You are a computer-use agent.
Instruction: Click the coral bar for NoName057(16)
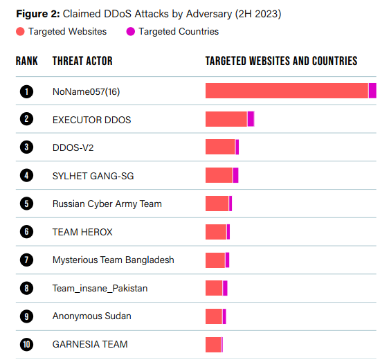(x=287, y=91)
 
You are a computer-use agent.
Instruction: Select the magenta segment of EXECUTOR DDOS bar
(x=251, y=119)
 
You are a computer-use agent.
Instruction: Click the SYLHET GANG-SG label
(x=93, y=176)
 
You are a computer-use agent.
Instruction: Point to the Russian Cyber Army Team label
(x=107, y=204)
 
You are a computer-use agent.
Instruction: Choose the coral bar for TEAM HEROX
(x=216, y=232)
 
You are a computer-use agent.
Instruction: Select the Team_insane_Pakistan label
(x=100, y=288)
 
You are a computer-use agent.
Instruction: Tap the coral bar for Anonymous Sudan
(x=214, y=316)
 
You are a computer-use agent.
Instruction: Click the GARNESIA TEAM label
(x=90, y=344)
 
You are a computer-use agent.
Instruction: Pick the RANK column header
(x=27, y=62)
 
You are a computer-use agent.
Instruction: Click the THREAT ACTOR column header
(x=82, y=62)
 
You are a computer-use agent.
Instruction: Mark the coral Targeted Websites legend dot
(x=20, y=31)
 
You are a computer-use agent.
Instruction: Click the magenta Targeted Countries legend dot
(x=130, y=31)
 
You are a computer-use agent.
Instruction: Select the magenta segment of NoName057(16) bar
(x=372, y=91)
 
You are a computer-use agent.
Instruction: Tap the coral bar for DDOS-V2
(x=220, y=147)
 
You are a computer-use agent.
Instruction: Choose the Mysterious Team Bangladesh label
(x=113, y=260)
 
